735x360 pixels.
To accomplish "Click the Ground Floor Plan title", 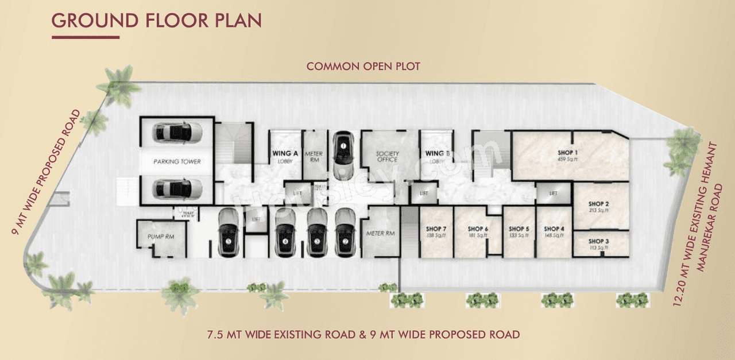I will [156, 21].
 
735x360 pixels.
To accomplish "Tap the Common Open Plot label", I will [363, 67].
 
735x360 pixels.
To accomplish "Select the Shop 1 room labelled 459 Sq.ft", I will [567, 155].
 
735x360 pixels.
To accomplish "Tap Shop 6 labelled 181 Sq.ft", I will [478, 231].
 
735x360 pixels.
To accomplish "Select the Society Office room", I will [388, 156].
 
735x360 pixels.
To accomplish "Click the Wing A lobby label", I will [285, 157].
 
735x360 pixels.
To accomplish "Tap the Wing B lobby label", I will [435, 157].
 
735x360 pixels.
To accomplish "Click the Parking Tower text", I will [177, 161].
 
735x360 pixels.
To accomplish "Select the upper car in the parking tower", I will [177, 132].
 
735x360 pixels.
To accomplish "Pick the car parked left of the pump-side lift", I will [229, 234].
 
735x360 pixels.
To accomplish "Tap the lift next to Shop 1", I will [554, 193].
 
